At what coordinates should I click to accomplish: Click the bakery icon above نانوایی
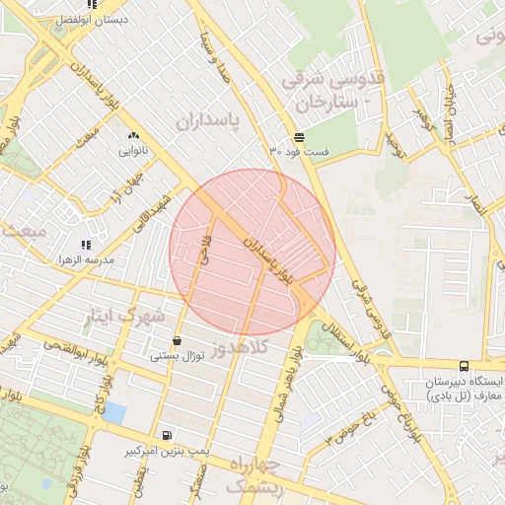[133, 136]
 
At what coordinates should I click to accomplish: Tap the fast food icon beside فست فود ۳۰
[298, 137]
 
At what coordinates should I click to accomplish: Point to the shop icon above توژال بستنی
[177, 340]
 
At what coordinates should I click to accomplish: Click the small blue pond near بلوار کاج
[114, 412]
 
